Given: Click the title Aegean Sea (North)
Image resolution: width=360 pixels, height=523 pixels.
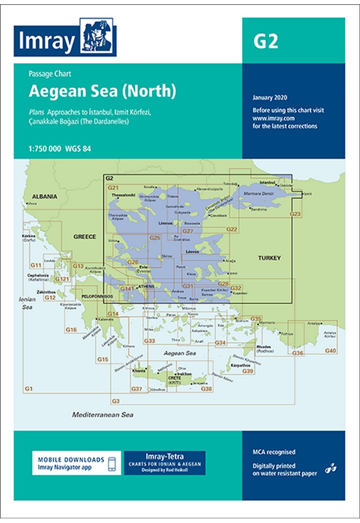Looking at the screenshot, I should coord(102,91).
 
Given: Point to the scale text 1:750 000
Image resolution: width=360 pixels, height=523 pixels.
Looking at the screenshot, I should coord(45,149).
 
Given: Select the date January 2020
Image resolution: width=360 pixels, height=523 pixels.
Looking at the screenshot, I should coord(270,98).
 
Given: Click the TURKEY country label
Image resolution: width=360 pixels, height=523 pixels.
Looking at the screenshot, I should coord(270,258).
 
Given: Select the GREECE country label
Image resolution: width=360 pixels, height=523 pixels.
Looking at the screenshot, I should coord(85,236).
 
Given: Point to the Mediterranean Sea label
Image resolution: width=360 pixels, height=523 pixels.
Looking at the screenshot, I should coord(103,415).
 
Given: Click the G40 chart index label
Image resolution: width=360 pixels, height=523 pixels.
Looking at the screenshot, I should coord(330,350).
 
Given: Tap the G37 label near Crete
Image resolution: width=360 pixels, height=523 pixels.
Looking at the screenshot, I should coord(136,389).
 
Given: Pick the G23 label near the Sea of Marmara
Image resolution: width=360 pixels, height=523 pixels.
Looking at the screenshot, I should coord(296,214).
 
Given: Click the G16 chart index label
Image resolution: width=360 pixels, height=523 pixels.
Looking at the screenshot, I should coord(71,330).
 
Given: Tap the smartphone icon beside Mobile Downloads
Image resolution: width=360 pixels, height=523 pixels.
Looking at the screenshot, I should coord(112,463).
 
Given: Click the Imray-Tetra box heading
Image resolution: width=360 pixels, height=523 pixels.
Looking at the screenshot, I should coord(165,456).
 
